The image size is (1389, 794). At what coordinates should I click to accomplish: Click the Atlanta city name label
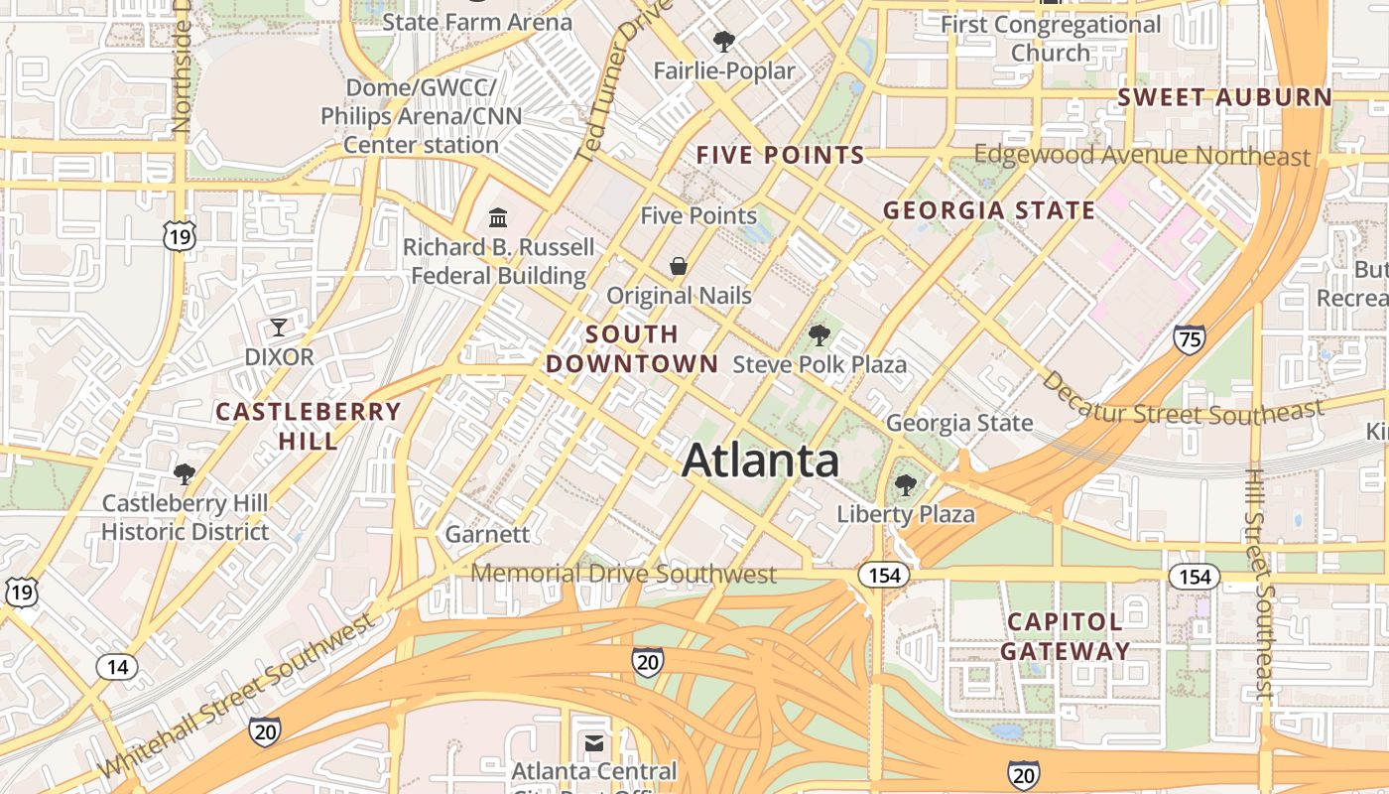(761, 461)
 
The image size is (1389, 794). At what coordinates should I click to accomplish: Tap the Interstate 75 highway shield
(1189, 338)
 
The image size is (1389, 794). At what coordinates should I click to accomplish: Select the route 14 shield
(117, 666)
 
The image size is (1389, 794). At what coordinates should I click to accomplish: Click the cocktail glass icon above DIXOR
(279, 327)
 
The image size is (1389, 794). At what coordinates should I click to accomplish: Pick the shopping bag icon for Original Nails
(679, 266)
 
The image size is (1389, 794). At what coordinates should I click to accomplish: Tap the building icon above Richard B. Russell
(498, 217)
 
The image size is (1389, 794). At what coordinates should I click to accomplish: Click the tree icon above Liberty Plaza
(905, 485)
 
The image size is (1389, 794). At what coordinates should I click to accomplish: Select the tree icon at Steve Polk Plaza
(819, 334)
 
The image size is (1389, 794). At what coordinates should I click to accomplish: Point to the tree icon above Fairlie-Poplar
(724, 42)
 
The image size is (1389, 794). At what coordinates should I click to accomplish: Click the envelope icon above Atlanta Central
(594, 742)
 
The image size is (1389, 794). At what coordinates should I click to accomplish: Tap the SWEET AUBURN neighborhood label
(1224, 97)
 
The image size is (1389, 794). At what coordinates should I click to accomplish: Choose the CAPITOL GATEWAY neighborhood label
(1065, 636)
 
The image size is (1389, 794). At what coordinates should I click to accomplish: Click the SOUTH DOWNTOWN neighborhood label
(632, 348)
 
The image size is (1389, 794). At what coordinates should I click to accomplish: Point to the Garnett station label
(487, 534)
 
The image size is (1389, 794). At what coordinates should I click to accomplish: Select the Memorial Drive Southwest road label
(623, 574)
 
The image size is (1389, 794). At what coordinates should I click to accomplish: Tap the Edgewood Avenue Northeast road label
(1142, 155)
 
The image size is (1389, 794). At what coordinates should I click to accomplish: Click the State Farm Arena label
(477, 22)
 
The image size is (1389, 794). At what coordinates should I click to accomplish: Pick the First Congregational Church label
(1051, 38)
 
